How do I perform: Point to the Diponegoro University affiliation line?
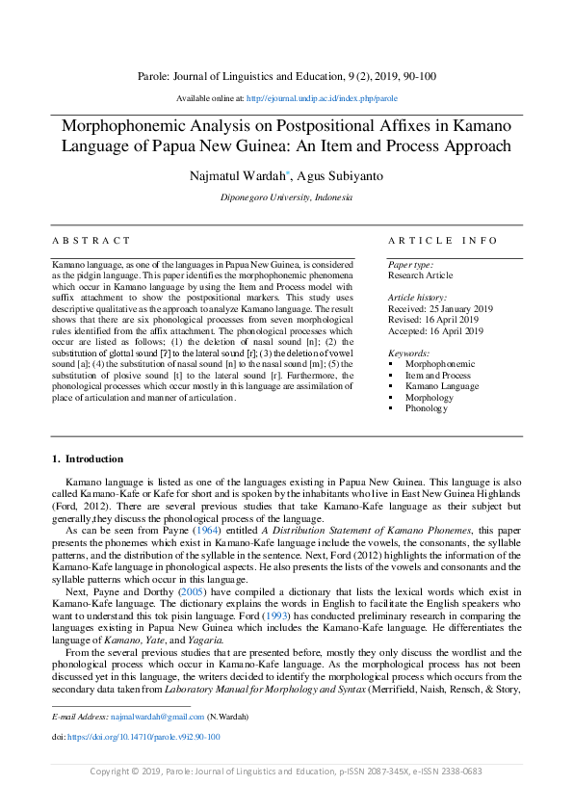pos(286,197)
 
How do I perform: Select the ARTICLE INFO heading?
pos(443,241)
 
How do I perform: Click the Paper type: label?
pos(410,265)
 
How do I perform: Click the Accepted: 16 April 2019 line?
pos(435,330)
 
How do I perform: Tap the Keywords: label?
pos(409,353)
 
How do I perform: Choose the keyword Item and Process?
pos(438,376)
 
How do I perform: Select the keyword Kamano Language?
pos(442,386)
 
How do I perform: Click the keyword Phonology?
pos(427,408)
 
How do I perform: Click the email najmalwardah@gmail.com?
pos(156,717)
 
